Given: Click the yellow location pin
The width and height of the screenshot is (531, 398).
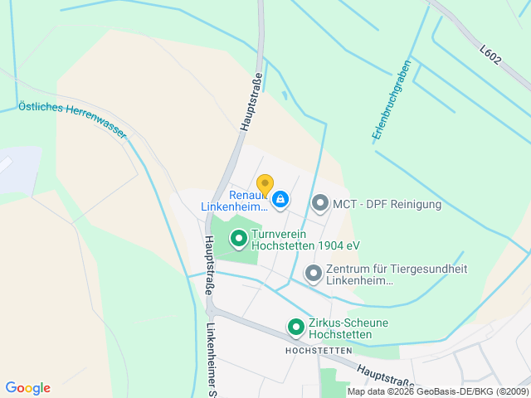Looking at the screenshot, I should (x=265, y=185).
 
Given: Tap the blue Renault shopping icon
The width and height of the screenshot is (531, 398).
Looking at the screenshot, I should (x=280, y=199).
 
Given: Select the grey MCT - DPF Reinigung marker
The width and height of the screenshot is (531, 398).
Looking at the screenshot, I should (x=320, y=202).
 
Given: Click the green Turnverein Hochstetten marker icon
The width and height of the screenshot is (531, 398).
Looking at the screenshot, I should (x=238, y=240).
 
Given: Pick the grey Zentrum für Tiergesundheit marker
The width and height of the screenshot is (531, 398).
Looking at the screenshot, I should (x=313, y=273).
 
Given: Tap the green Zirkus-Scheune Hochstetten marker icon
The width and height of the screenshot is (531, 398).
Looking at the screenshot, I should (x=295, y=328).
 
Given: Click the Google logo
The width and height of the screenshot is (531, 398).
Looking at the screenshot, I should (x=27, y=388).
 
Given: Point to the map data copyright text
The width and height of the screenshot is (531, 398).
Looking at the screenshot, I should (x=438, y=391).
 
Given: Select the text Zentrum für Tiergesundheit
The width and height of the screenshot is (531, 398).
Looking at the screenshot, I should (x=397, y=274).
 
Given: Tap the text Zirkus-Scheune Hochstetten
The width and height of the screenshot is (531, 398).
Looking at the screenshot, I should (x=348, y=328).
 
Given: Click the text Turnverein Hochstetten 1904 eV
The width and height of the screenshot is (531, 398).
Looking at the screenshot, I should (x=304, y=240).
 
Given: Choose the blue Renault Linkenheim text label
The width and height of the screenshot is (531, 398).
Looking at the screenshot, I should (x=236, y=201).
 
